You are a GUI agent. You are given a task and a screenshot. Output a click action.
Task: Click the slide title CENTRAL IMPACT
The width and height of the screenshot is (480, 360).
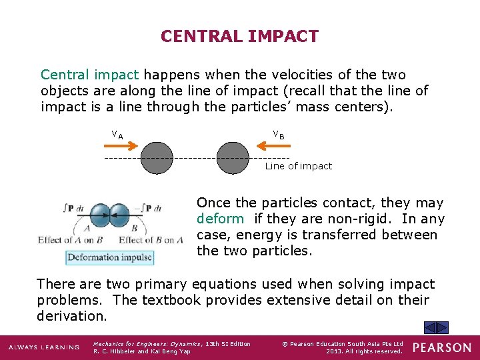click(239, 36)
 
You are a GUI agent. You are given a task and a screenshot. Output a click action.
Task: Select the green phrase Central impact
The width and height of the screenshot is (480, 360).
click(90, 75)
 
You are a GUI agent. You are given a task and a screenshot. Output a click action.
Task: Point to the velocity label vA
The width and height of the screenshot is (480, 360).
click(117, 136)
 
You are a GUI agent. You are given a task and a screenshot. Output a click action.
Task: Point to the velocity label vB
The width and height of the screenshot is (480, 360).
click(278, 136)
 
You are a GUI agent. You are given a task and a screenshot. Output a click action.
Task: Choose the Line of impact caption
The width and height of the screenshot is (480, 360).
click(298, 166)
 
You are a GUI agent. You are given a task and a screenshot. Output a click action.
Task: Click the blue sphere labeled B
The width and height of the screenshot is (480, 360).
click(120, 215)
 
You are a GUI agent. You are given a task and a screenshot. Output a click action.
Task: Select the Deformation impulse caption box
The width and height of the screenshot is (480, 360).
click(109, 257)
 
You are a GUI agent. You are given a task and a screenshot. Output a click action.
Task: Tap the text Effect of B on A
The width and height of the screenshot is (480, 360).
click(151, 240)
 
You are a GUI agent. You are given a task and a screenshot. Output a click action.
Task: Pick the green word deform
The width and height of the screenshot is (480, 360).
click(220, 219)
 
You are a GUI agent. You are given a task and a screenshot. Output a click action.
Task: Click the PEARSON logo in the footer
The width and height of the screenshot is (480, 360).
click(441, 347)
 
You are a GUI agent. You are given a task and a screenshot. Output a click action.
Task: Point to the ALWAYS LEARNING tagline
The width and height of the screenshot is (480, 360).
click(44, 347)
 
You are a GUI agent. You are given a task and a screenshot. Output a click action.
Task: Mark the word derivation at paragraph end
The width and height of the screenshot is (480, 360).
click(71, 316)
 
